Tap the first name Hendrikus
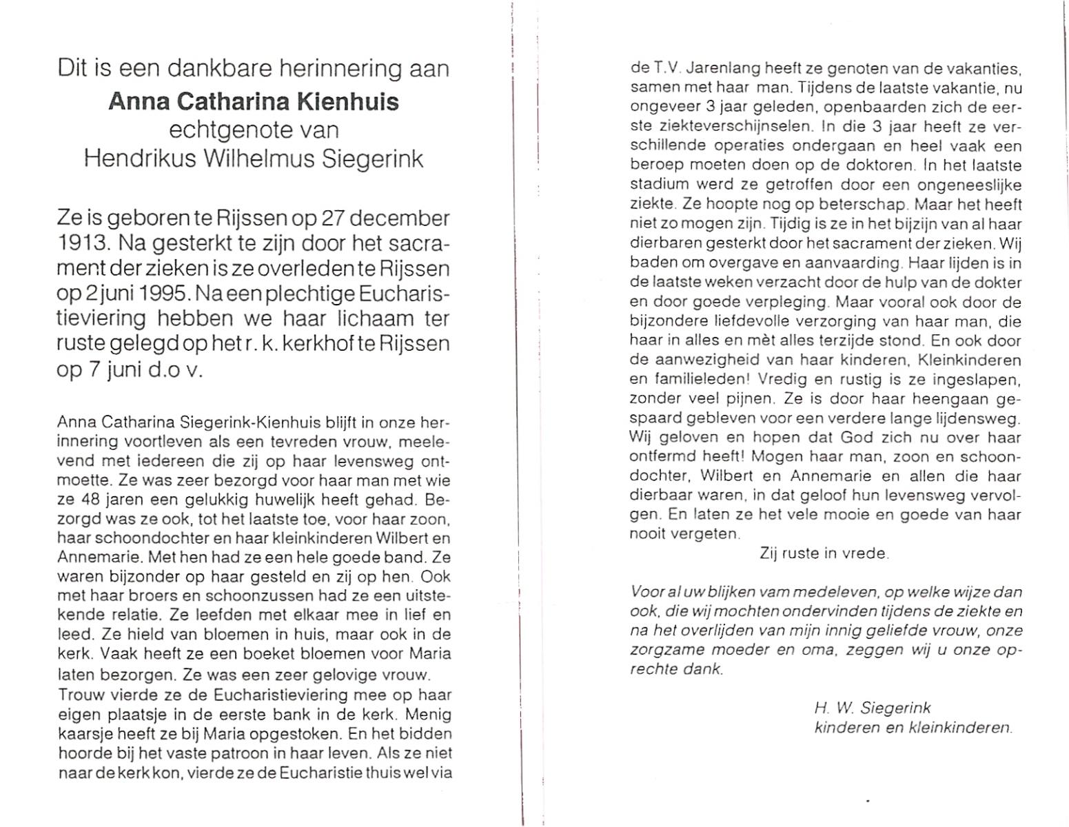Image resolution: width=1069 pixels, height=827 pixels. pyautogui.click(x=139, y=159)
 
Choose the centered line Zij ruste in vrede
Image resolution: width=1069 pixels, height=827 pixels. pyautogui.click(x=824, y=553)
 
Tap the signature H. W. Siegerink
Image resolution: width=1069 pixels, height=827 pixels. pyautogui.click(x=872, y=708)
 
